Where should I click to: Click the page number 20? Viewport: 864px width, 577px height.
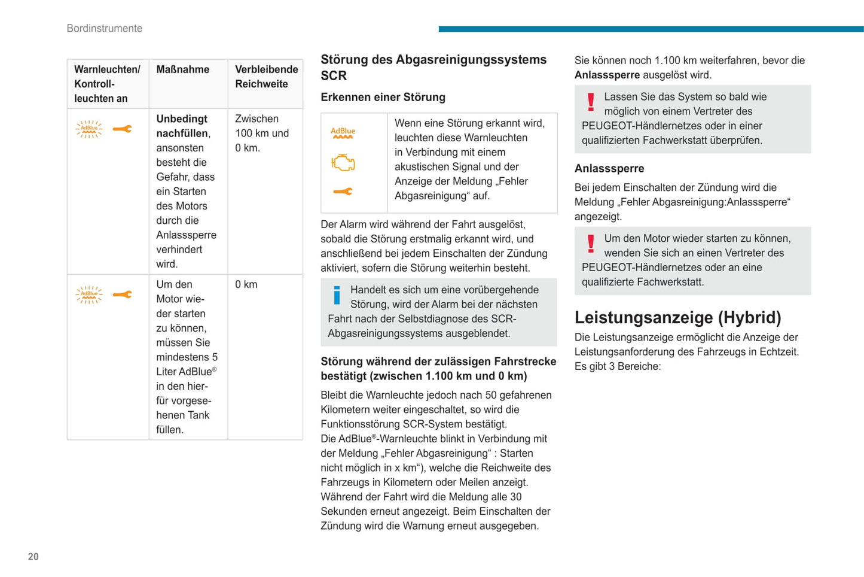click(x=33, y=557)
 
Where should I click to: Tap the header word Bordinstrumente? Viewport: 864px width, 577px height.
click(x=105, y=28)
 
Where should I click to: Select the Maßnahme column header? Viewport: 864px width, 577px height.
click(x=182, y=69)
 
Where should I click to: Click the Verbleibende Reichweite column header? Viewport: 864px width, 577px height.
click(x=266, y=77)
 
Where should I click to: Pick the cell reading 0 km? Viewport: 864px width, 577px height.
click(x=246, y=284)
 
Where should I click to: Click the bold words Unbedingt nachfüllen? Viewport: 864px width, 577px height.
click(x=182, y=126)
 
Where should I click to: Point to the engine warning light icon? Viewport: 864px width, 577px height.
click(x=343, y=163)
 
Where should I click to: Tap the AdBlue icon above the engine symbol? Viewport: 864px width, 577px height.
click(x=343, y=133)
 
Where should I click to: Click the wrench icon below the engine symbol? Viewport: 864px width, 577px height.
click(x=343, y=192)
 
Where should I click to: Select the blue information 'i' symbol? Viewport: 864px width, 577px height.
click(x=337, y=294)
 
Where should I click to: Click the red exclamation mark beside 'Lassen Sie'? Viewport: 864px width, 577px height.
click(x=591, y=102)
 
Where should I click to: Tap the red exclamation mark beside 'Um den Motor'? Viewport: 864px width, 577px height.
click(x=591, y=243)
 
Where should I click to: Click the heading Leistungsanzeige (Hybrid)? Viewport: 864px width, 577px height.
click(x=678, y=317)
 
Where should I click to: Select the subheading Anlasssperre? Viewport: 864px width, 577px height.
click(x=609, y=169)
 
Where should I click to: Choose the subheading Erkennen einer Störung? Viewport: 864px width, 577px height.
click(x=383, y=97)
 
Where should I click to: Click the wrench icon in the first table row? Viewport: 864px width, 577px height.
click(x=123, y=129)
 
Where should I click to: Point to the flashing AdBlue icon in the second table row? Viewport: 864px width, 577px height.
click(x=89, y=294)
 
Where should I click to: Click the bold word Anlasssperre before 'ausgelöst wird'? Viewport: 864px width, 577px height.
click(x=607, y=75)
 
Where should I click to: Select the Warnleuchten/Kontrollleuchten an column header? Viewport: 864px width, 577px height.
click(x=107, y=84)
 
